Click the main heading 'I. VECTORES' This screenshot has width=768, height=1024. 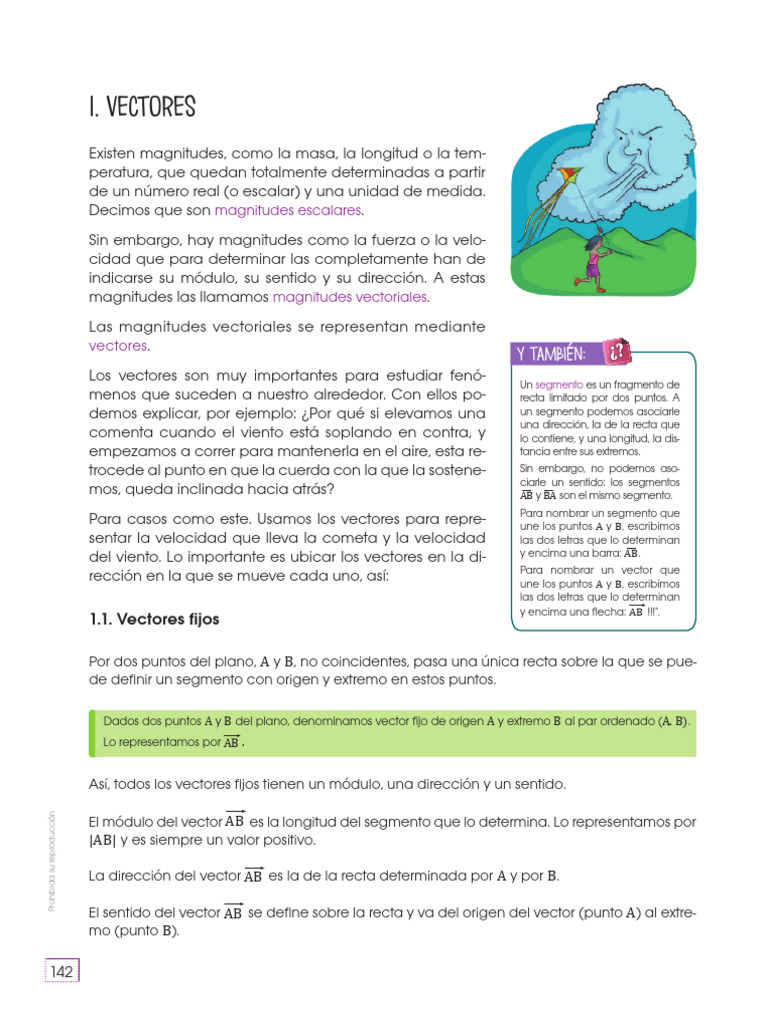tap(142, 107)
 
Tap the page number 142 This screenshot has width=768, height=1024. tap(62, 972)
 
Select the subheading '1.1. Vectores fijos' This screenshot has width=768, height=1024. tap(154, 619)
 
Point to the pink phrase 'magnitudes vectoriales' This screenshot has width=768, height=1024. tap(350, 297)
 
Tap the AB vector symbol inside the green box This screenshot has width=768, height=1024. tap(231, 743)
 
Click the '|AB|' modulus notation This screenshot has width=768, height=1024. tap(104, 840)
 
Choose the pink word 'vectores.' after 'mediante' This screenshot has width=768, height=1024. tap(119, 345)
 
